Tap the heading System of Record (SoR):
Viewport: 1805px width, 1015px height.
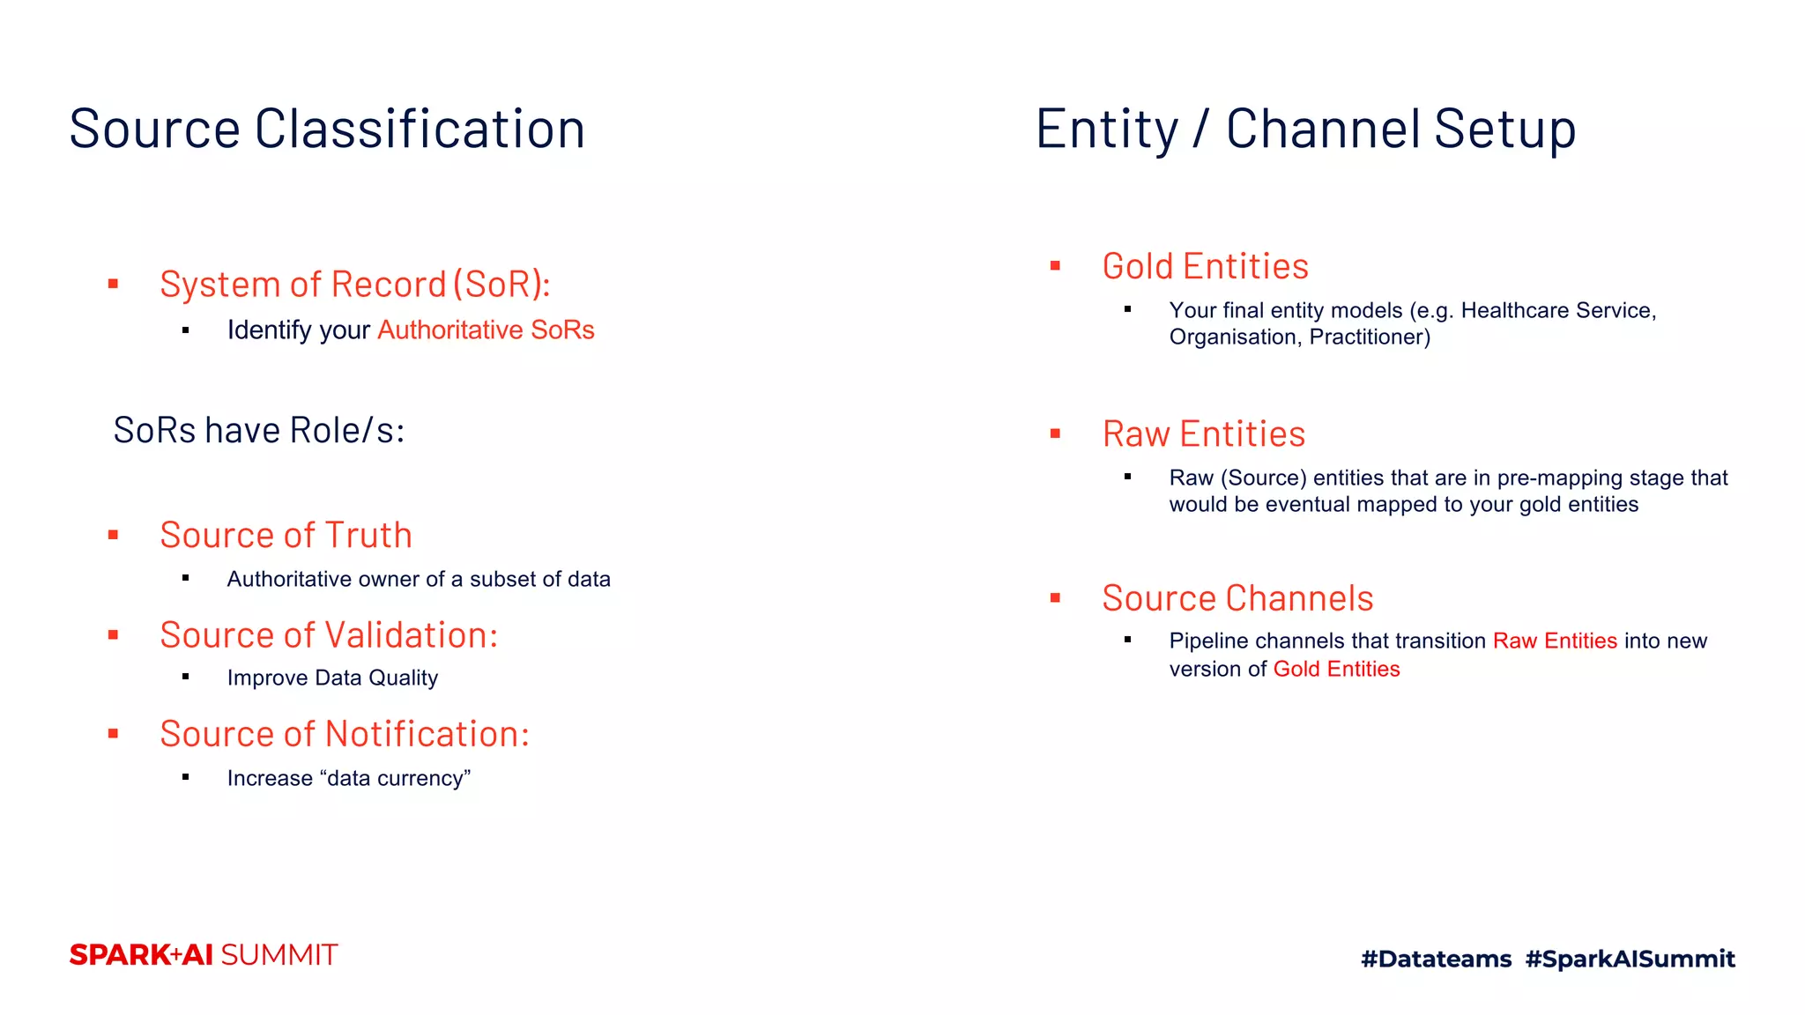[354, 285]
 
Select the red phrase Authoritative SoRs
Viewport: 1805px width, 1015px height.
[486, 330]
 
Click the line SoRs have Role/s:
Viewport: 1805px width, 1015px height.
[259, 431]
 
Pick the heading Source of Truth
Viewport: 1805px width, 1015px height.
[286, 536]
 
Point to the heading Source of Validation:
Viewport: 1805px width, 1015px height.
[329, 635]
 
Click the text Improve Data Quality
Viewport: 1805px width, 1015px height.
[332, 678]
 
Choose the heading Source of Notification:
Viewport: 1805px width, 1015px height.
[345, 735]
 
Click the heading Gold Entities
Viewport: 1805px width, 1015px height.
[1205, 267]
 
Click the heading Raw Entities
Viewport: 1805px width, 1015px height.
[1203, 434]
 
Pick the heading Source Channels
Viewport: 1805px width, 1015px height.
[1237, 599]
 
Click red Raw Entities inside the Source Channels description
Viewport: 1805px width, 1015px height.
[1555, 641]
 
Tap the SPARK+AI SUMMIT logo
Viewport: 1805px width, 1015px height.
[204, 955]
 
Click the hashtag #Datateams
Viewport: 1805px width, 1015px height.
[1436, 959]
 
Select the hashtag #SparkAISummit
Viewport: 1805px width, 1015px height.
[1630, 959]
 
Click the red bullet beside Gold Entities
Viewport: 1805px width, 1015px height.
[1055, 266]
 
